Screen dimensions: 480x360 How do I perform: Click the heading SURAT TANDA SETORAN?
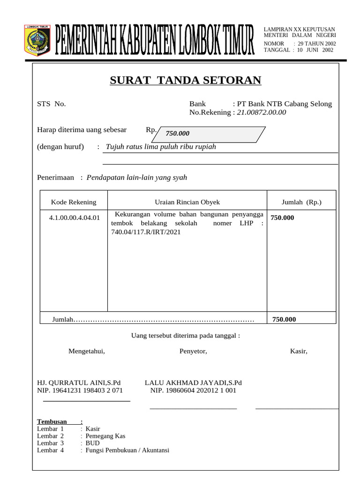(186, 80)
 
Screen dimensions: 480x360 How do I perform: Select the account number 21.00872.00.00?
(261, 112)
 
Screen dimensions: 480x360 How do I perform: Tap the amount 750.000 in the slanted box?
(177, 134)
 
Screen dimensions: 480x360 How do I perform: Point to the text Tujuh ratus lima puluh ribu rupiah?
(161, 147)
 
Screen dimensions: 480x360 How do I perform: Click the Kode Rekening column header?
(74, 202)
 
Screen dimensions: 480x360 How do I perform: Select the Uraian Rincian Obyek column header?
(187, 202)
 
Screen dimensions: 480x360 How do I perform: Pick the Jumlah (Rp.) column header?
(301, 202)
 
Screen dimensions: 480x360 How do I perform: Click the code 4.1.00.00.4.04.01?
(74, 217)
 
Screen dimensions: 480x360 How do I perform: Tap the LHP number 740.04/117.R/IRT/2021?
(146, 232)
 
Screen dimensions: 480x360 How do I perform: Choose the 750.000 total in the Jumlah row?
(284, 319)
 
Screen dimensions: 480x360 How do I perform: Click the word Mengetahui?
(87, 351)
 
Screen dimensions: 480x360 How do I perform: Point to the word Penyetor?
(193, 351)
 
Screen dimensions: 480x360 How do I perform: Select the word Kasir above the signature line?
(299, 351)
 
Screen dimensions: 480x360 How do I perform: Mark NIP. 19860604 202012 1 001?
(193, 390)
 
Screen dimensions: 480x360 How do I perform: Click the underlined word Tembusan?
(52, 421)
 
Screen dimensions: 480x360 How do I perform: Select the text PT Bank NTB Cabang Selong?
(285, 104)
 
